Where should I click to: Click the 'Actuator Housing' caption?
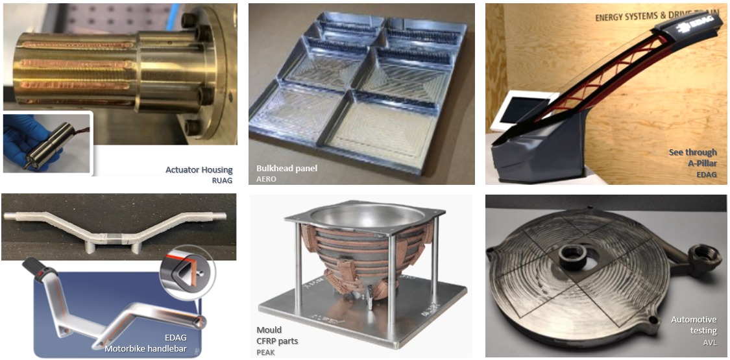coord(199,170)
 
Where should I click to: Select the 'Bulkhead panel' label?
coord(287,168)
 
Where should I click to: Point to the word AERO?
coord(263,178)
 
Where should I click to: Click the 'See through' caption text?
coord(693,152)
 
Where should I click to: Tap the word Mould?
coord(269,330)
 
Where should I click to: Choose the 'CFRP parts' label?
coord(278,341)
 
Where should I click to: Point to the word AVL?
coord(711,344)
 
